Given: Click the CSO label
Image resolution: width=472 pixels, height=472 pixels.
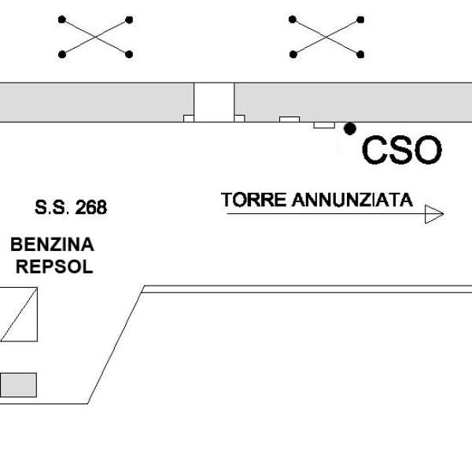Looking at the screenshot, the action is (402, 149).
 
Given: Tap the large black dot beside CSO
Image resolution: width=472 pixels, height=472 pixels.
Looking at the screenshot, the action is (350, 129).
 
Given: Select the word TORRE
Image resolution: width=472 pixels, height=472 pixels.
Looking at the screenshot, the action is (253, 200).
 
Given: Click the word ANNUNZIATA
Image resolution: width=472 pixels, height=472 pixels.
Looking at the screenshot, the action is (352, 200).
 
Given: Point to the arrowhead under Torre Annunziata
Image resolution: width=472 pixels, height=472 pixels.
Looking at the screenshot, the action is (433, 214).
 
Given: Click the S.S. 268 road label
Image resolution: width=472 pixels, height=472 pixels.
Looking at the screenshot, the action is (71, 207).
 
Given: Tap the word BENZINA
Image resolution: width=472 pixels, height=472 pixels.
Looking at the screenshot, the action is (53, 244).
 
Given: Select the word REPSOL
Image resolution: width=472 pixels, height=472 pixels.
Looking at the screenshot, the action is (54, 267).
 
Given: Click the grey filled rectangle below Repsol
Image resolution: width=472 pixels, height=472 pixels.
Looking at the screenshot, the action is (18, 385).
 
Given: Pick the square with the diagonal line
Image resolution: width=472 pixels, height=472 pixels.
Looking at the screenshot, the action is (19, 314).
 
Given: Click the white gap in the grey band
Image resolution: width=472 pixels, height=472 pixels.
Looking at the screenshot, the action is (214, 102).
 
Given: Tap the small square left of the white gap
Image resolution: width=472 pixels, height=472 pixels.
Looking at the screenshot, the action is (189, 118).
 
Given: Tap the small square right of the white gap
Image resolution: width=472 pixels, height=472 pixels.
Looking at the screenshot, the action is (239, 118).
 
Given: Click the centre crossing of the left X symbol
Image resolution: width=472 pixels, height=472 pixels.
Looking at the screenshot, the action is (96, 37).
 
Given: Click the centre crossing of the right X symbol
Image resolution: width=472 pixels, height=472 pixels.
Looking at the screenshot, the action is (326, 37).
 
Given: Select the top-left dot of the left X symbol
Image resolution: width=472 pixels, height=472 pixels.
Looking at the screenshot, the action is (62, 20).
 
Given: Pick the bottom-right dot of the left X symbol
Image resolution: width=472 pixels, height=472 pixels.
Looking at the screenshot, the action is (129, 54).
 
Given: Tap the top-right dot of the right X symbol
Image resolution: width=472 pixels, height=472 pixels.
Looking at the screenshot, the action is (360, 20).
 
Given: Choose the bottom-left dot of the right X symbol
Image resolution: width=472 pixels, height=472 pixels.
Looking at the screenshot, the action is (293, 54).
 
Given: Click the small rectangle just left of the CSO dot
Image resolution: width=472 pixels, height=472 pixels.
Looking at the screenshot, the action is (324, 125).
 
